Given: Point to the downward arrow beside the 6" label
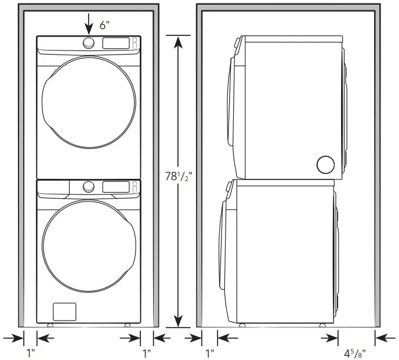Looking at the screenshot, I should click(89, 23).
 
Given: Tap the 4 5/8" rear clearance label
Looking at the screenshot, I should click(354, 352).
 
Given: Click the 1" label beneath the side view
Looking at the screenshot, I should click(209, 352).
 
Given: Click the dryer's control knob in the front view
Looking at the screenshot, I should click(89, 43).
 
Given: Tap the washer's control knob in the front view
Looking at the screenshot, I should click(88, 186).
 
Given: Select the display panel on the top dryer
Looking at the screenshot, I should click(116, 43).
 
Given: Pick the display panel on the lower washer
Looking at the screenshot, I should click(116, 186).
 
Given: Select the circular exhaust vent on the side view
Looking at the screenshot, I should click(325, 165).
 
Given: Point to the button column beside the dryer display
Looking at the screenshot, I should click(135, 43).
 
